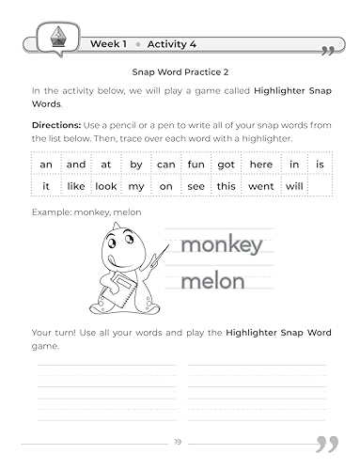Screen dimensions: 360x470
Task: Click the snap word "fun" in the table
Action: [x=196, y=164]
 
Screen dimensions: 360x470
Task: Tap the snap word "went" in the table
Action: [x=261, y=187]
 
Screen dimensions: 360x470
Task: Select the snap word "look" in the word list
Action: [x=106, y=187]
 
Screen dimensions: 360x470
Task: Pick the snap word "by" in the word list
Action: [x=136, y=164]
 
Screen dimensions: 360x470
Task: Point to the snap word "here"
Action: [x=261, y=164]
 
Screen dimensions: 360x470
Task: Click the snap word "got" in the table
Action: [x=226, y=164]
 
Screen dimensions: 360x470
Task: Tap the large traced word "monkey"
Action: [x=221, y=246]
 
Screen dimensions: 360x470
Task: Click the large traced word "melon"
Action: [x=212, y=280]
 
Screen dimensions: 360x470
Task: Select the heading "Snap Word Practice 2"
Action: [x=180, y=70]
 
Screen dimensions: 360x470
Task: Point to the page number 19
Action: [x=180, y=442]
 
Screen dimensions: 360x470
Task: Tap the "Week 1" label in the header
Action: [x=110, y=43]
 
